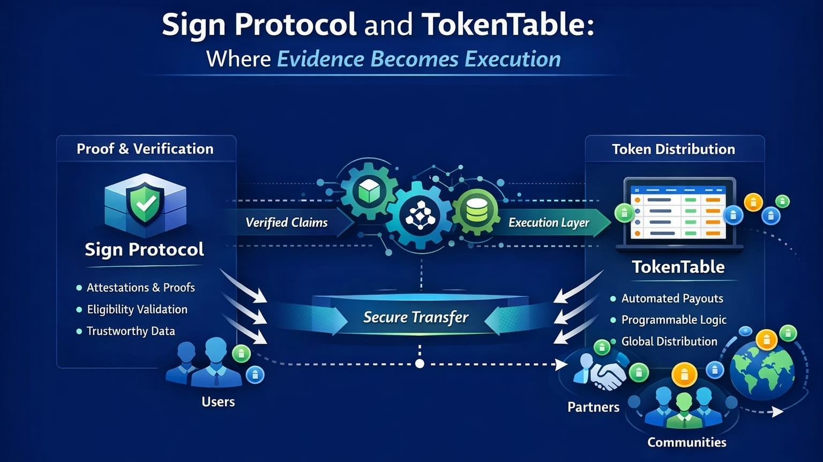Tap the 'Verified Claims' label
[286, 223]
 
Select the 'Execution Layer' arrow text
[549, 223]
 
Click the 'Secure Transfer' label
[416, 317]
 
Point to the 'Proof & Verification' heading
[145, 149]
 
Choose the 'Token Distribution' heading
[674, 149]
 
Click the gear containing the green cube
[369, 191]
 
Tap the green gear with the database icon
[476, 212]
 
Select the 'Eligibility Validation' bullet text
[137, 309]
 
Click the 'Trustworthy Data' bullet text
[131, 331]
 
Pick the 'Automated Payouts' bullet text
[672, 299]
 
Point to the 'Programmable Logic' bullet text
[674, 320]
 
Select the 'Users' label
[218, 402]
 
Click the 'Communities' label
[686, 442]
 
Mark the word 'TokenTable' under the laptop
[678, 267]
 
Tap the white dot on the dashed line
[420, 364]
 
